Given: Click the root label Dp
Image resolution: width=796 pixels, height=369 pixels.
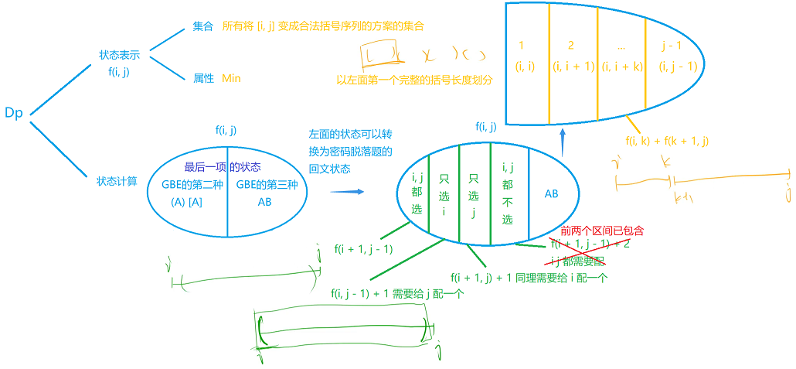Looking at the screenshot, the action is (14, 113).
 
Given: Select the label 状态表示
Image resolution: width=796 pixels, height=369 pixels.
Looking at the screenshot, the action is (119, 56).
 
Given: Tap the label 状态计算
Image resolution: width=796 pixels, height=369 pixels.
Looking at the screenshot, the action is (117, 181).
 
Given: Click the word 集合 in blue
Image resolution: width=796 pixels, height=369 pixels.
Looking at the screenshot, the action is (203, 26).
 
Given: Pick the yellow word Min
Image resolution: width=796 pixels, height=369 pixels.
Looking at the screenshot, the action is (232, 78).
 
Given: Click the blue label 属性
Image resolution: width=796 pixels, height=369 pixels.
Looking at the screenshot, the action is (203, 78).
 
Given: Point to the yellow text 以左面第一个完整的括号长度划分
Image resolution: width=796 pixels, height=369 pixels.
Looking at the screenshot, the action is (415, 80).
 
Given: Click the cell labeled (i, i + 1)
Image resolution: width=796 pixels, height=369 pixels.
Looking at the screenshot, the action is (573, 67).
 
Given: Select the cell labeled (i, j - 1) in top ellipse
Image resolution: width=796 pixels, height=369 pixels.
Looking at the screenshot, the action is (679, 67).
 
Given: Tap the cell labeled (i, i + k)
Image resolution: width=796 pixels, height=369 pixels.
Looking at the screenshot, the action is (623, 67).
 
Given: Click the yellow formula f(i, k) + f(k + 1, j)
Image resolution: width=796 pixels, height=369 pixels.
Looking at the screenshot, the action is (668, 141).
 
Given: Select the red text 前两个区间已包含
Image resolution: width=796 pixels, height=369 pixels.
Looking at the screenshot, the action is (603, 231).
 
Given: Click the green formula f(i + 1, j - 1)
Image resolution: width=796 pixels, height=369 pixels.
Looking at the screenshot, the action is (364, 249).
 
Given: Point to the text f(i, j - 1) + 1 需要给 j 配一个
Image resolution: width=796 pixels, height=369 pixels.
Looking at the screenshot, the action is (396, 293).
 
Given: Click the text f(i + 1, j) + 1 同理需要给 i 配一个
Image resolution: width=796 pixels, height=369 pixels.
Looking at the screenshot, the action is (529, 277).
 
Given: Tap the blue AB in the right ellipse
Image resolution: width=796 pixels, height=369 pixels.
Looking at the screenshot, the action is (552, 194).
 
